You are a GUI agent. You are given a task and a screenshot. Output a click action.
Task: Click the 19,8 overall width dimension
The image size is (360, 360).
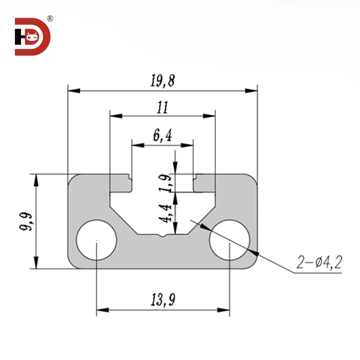tap(162, 81)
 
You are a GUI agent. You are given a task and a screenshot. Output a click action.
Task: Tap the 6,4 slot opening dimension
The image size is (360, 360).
tap(162, 136)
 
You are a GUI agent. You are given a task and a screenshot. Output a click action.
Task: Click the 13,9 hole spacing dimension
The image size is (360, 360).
tap(162, 300)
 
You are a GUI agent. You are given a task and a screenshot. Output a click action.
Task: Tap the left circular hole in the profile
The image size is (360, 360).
tap(97, 240)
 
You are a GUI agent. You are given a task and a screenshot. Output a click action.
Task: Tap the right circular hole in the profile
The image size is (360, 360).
tap(229, 240)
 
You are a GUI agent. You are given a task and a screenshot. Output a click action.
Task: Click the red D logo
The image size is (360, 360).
tap(33, 37)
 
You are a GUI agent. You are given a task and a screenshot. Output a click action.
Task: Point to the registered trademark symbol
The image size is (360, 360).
tap(50, 19)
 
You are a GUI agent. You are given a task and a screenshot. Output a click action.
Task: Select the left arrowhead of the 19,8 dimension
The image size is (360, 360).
tap(72, 90)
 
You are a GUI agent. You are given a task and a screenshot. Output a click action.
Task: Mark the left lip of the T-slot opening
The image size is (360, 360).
tap(121, 183)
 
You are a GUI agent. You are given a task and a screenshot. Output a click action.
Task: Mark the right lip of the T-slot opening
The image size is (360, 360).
tap(204, 183)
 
